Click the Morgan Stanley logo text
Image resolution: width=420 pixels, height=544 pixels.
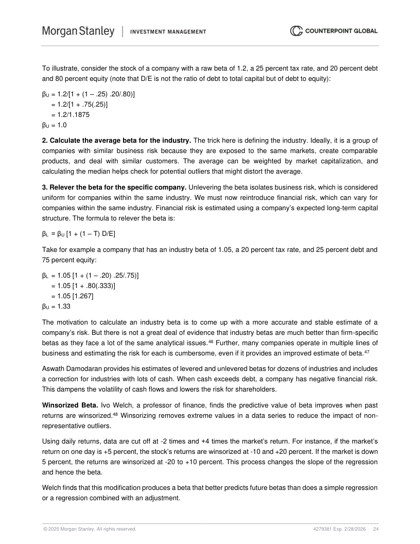pyautogui.click(x=78, y=31)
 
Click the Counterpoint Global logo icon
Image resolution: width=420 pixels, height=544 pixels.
pyautogui.click(x=296, y=31)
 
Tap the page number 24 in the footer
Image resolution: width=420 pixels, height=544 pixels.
pyautogui.click(x=375, y=529)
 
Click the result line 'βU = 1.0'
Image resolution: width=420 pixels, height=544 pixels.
pyautogui.click(x=54, y=125)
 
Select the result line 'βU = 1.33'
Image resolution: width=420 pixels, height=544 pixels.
pyautogui.click(x=56, y=306)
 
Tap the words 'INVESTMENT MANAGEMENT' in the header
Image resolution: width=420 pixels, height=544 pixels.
pyautogui.click(x=168, y=32)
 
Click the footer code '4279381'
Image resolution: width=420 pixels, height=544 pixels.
pyautogui.click(x=324, y=529)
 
